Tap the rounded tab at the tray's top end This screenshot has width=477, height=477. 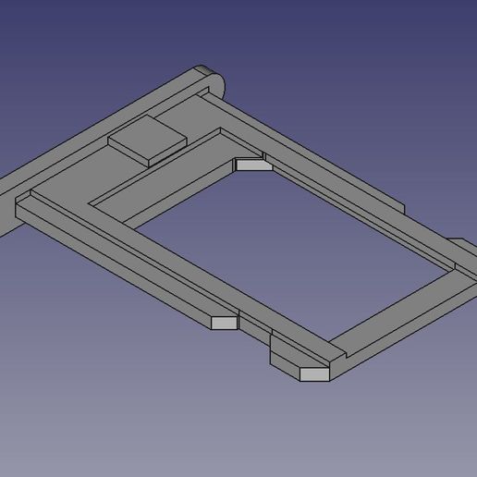[213, 77]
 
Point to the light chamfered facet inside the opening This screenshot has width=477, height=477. [251, 165]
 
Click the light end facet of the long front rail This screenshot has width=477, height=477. [223, 323]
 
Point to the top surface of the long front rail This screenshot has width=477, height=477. [129, 259]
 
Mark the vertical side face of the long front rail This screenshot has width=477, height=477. [111, 268]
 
